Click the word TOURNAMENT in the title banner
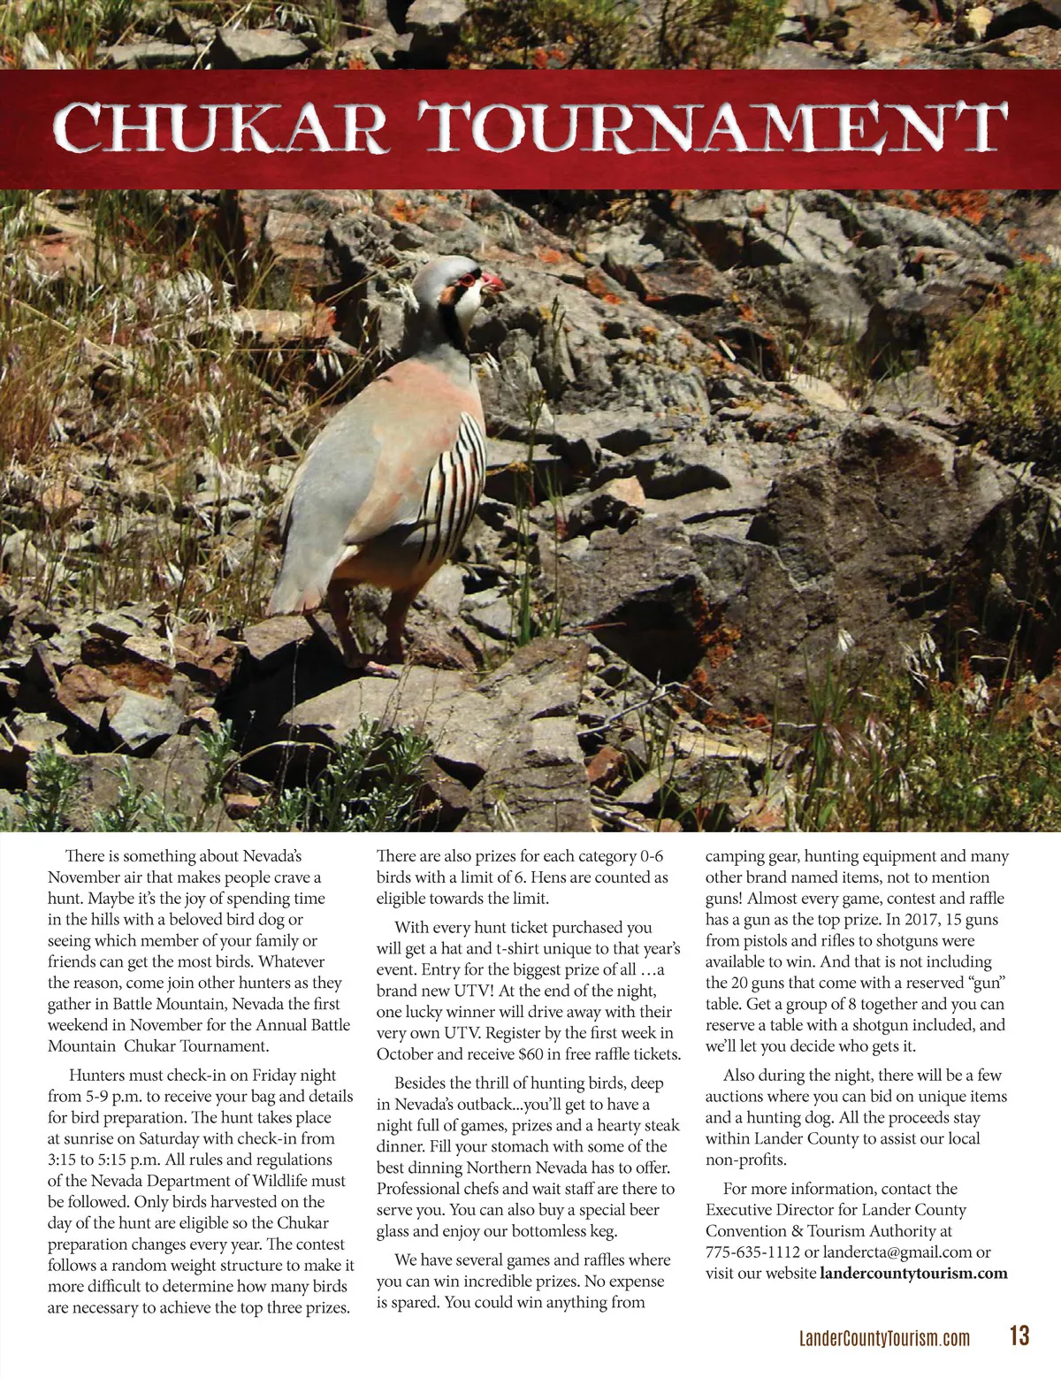click(713, 128)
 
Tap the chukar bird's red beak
click(492, 282)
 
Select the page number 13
click(1019, 1336)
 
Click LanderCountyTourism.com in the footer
click(884, 1338)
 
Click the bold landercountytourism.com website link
click(913, 1274)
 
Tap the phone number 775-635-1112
click(752, 1252)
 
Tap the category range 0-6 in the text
click(651, 856)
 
